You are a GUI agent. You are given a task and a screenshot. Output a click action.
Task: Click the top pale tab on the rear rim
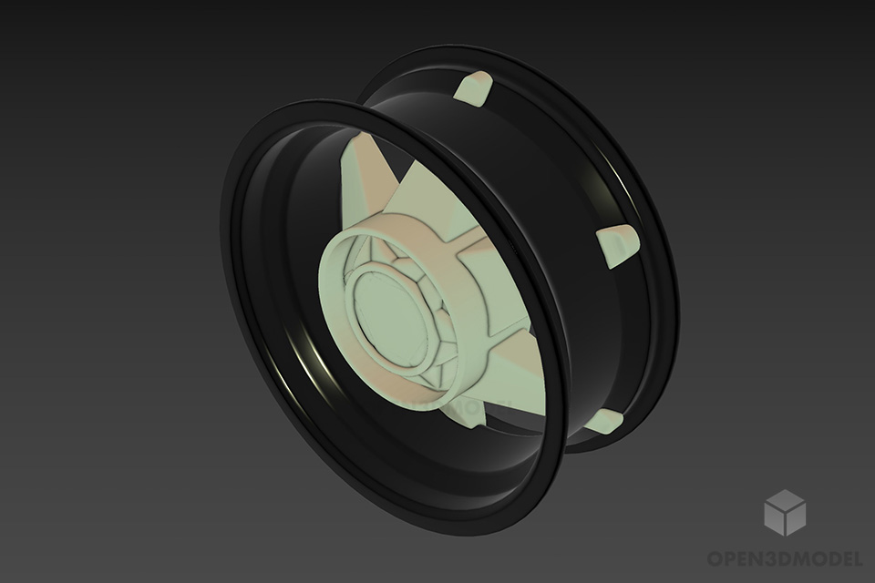pos(474,88)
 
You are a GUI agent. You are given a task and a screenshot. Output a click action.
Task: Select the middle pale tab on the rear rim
pos(618,244)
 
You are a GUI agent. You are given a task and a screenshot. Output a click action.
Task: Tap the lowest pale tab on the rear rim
pos(604,420)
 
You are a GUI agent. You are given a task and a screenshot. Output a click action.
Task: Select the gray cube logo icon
pos(785,512)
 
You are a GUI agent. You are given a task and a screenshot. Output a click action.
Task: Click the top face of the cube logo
pos(785,499)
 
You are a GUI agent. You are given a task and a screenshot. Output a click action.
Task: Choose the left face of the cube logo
pos(775,519)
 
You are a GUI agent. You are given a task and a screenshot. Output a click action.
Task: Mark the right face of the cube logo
pos(795,519)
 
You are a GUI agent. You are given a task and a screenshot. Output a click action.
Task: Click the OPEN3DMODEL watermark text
pos(785,557)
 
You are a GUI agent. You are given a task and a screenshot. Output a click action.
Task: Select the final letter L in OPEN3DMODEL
pos(856,557)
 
